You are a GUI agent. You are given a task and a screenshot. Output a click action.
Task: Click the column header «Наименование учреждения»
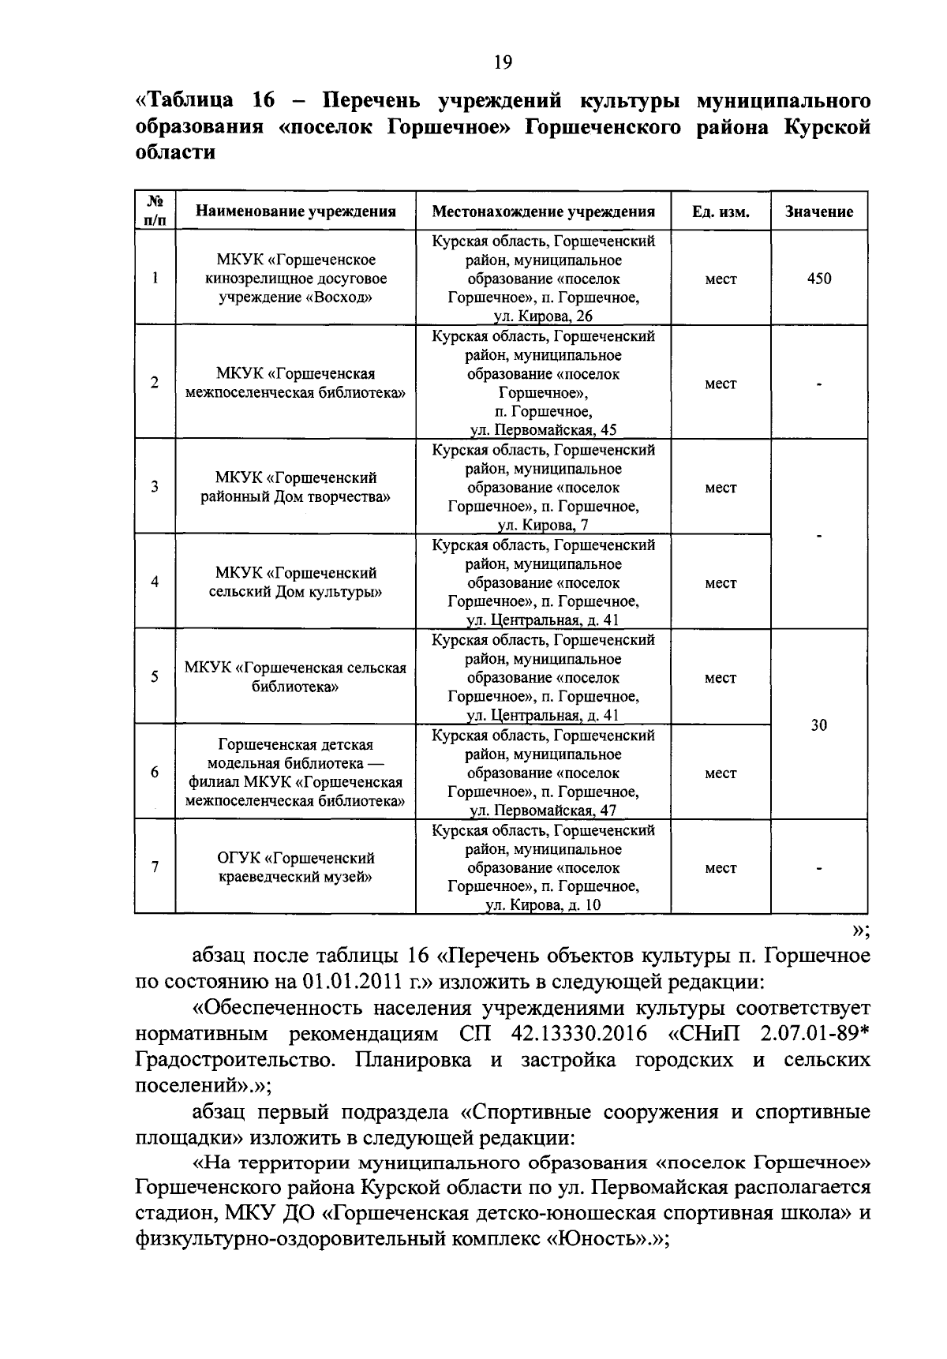tap(295, 212)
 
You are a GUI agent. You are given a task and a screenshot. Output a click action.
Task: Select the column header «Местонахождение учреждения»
tap(543, 212)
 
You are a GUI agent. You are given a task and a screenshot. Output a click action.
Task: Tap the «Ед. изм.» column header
tap(721, 212)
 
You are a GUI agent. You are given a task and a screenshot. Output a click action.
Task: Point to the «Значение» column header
tap(819, 212)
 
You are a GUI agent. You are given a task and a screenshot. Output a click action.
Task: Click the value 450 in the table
tap(819, 279)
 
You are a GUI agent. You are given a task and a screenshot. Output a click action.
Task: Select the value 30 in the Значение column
tap(819, 725)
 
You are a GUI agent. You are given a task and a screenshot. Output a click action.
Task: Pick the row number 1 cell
tap(155, 278)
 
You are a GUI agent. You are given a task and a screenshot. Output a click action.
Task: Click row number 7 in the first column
tap(155, 867)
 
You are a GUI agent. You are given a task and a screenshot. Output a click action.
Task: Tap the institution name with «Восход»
tap(295, 279)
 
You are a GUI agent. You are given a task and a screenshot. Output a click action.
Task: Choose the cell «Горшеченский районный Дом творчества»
tap(295, 488)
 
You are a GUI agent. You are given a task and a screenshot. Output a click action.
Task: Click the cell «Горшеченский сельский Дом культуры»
tap(295, 582)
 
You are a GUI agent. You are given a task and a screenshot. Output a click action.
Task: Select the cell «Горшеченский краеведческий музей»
tap(295, 867)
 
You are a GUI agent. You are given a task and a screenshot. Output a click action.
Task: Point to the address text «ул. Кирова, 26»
tap(543, 316)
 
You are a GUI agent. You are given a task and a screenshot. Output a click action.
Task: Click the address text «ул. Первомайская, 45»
tap(543, 430)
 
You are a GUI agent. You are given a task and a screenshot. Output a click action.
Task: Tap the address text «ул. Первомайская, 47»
tap(543, 811)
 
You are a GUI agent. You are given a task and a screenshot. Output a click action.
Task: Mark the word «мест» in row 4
tap(721, 583)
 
